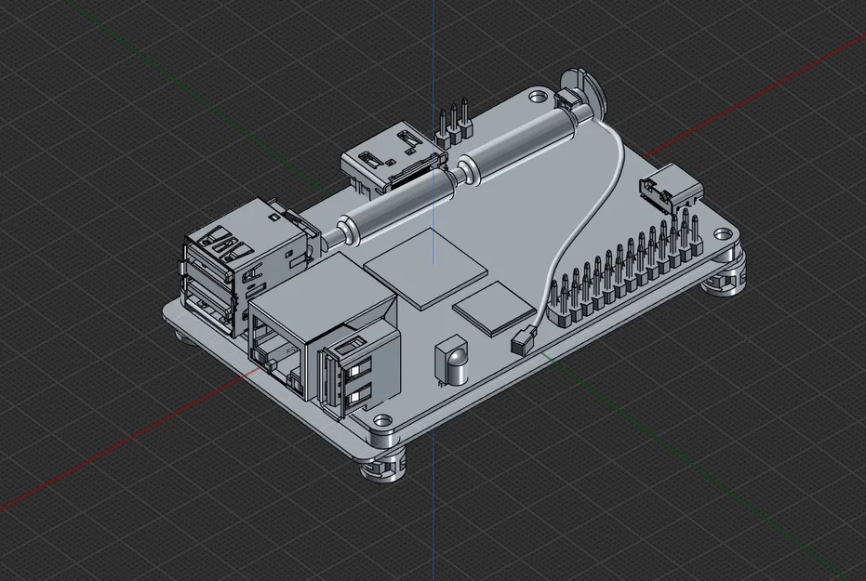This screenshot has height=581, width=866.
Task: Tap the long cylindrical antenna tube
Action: (456, 171)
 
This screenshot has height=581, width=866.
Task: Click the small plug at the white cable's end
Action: (523, 340)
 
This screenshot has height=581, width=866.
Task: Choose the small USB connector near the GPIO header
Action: (670, 190)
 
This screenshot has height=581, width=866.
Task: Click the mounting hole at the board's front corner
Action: (380, 419)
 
